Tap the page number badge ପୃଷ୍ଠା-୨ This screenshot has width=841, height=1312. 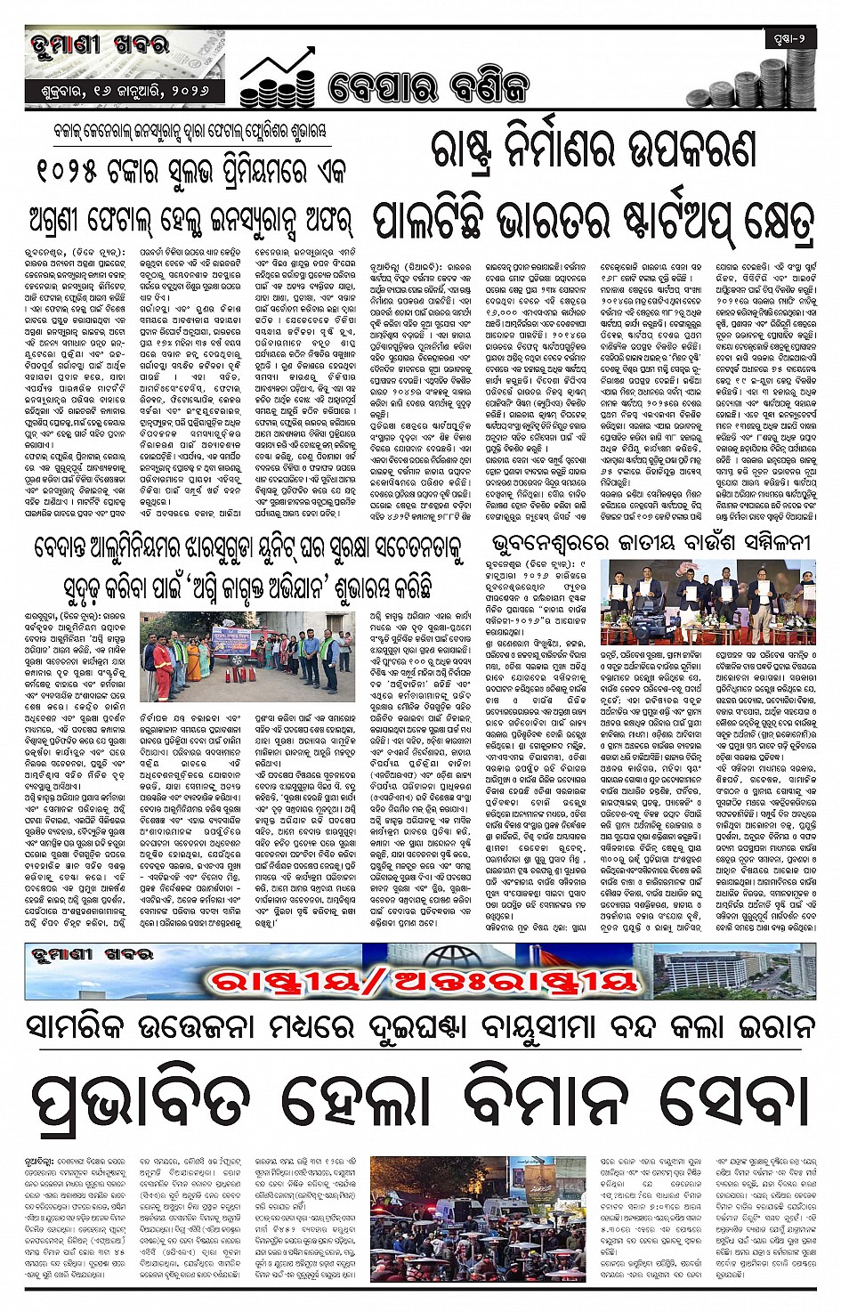point(789,39)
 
